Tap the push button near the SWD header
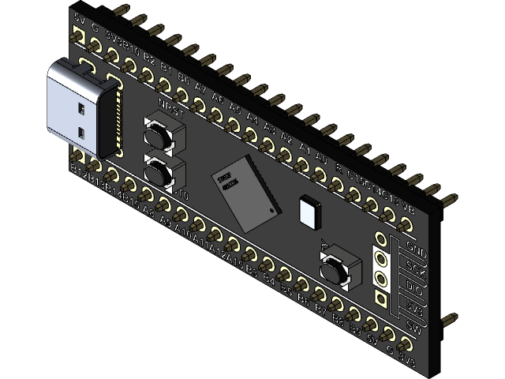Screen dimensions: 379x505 click(335, 268)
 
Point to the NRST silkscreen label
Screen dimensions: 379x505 click(170, 112)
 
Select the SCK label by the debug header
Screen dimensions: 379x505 click(416, 271)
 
